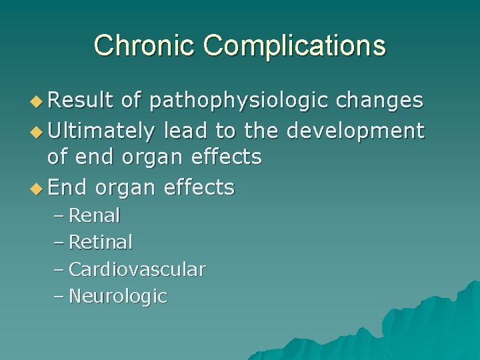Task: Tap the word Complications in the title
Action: pos(295,45)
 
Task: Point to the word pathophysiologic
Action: pos(239,101)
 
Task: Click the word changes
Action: pos(379,100)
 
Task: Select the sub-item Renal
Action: pos(94,215)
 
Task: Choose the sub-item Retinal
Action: pos(101,242)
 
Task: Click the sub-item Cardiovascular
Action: pos(137,269)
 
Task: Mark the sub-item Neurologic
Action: pos(117,296)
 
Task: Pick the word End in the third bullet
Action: pos(68,187)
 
